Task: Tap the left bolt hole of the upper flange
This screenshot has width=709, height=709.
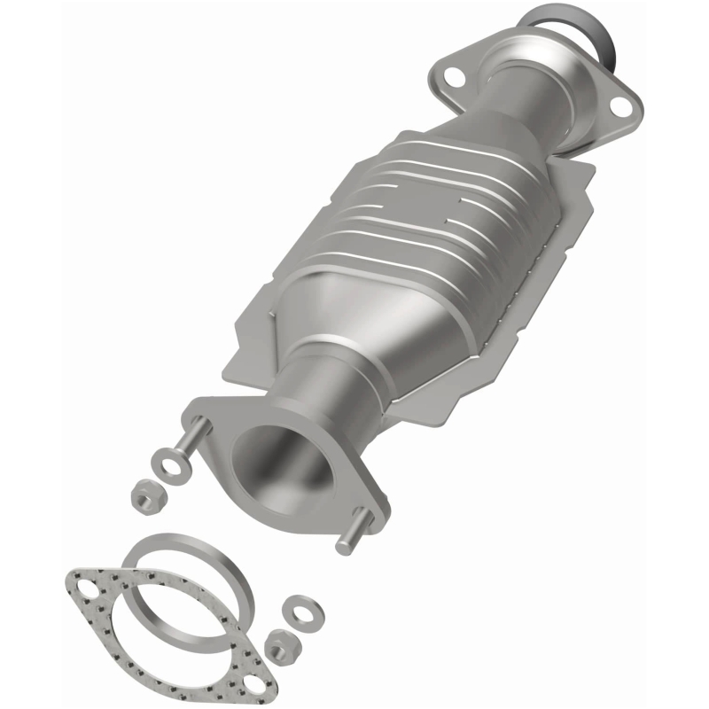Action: tap(454, 76)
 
